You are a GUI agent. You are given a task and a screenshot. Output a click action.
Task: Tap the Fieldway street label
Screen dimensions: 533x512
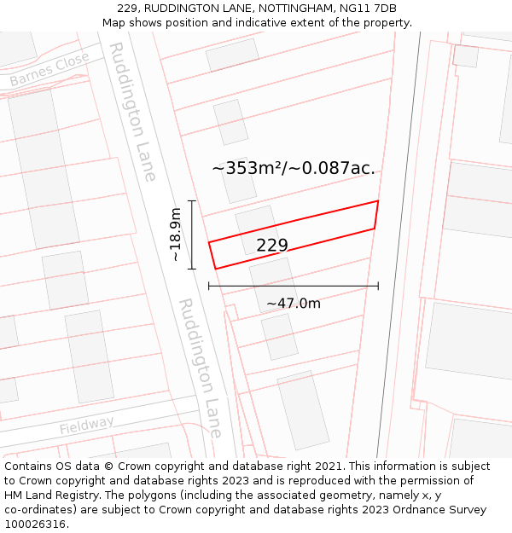[x=86, y=425]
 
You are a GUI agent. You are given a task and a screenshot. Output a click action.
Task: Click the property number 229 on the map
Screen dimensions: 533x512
[x=272, y=246]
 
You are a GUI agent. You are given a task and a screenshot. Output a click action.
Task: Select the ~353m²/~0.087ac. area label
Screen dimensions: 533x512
[x=294, y=168]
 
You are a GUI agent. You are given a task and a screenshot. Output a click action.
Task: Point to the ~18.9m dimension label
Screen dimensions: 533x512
[x=175, y=235]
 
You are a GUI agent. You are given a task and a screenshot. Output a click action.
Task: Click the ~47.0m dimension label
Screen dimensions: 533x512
[x=294, y=304]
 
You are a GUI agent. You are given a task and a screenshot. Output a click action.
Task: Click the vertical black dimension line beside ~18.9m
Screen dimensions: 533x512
[x=192, y=235]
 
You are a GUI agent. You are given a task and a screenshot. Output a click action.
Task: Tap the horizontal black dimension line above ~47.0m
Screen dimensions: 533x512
[x=294, y=286]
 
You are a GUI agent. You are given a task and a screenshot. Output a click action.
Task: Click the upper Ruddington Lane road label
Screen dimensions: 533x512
[x=134, y=111]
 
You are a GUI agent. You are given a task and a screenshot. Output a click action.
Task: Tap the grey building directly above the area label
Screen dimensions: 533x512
[x=230, y=122]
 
